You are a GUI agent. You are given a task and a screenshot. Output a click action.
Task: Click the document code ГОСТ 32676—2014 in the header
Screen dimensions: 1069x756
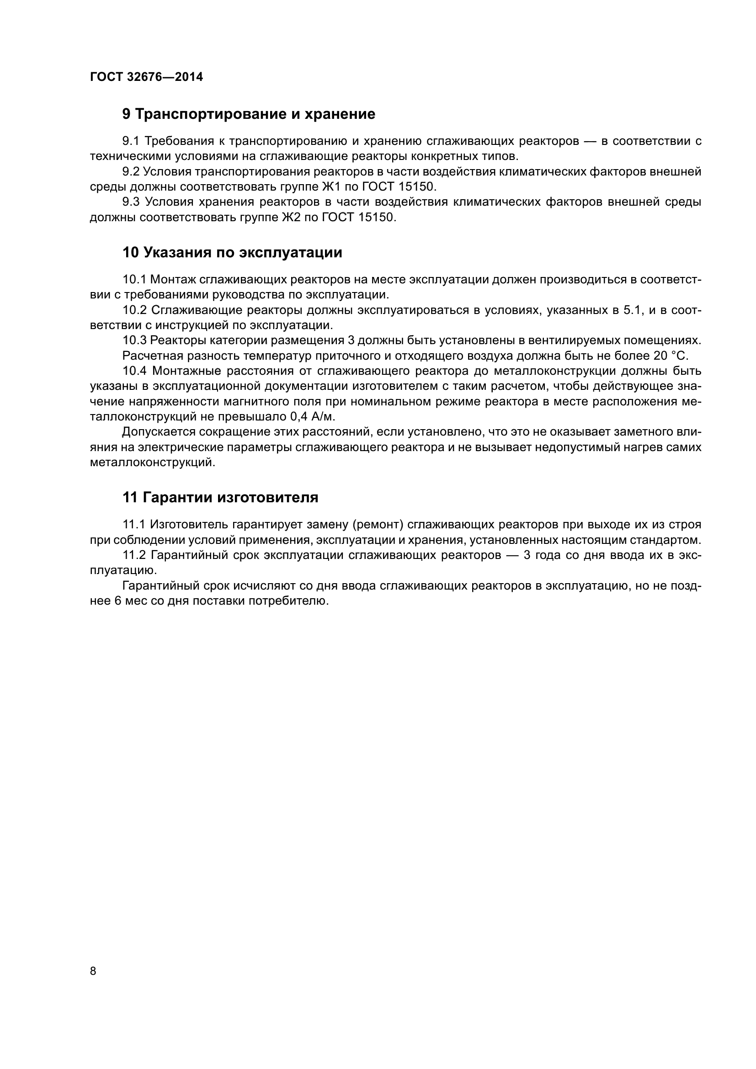coord(146,77)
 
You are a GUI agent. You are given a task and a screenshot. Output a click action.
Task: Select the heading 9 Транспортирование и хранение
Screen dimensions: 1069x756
coord(249,114)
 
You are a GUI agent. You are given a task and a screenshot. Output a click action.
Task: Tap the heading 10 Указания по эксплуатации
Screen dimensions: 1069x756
coord(232,253)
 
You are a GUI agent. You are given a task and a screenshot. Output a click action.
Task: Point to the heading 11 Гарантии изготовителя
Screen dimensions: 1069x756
coord(220,498)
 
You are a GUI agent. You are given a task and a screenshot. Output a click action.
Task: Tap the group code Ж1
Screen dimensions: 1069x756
coord(331,187)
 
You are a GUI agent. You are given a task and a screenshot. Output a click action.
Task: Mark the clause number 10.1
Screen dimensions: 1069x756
coord(134,279)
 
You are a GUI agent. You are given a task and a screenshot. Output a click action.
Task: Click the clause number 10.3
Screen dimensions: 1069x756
coord(134,340)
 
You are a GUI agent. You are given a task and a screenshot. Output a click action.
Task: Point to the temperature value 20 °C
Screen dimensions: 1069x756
coord(671,356)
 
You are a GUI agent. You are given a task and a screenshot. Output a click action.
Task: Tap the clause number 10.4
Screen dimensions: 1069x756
coord(134,371)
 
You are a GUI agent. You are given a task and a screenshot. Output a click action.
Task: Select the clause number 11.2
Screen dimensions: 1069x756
coord(134,555)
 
